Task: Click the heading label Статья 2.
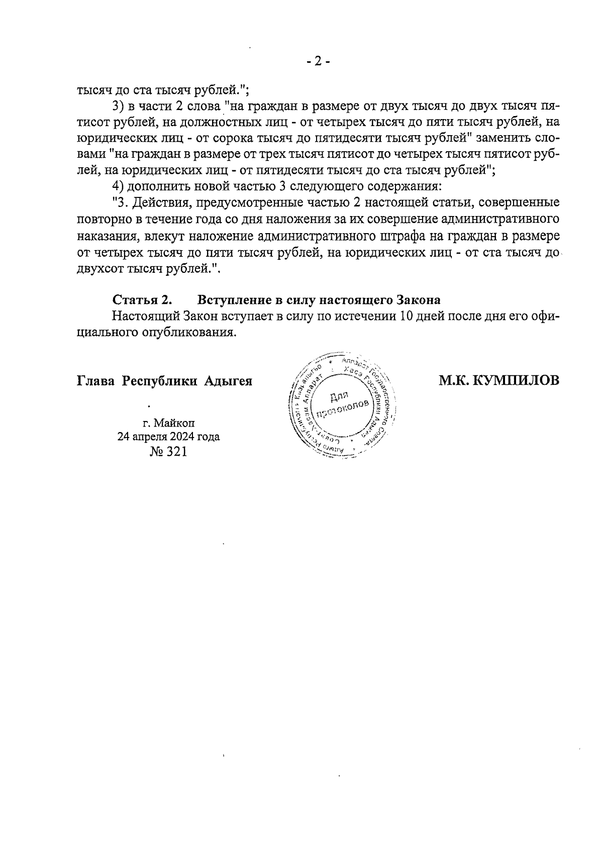point(142,300)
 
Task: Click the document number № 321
point(168,452)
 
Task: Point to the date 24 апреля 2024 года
point(168,437)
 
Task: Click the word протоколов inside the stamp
point(343,409)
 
